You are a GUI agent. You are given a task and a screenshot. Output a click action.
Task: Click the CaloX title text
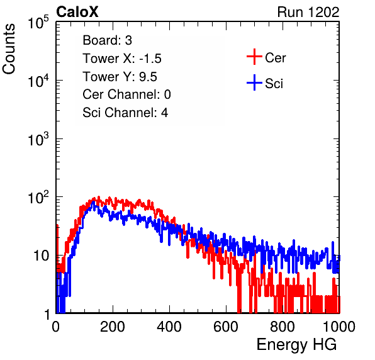pyautogui.click(x=77, y=12)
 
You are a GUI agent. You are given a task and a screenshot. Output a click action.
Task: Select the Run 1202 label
pyautogui.click(x=308, y=12)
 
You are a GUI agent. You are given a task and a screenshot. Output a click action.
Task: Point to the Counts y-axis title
pyautogui.click(x=9, y=49)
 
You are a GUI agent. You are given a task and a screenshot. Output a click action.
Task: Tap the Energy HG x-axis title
pyautogui.click(x=296, y=345)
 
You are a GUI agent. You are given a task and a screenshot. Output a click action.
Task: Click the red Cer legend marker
pyautogui.click(x=254, y=57)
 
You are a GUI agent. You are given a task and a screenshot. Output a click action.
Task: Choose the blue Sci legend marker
pyautogui.click(x=254, y=82)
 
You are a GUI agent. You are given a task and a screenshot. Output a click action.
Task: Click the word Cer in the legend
pyautogui.click(x=275, y=58)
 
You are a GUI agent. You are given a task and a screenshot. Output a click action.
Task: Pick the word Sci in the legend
pyautogui.click(x=274, y=84)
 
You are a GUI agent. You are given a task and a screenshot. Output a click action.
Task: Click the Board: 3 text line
pyautogui.click(x=107, y=40)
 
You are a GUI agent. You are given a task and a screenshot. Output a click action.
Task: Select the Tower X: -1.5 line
pyautogui.click(x=122, y=59)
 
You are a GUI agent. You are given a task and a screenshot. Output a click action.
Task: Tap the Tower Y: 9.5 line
pyautogui.click(x=120, y=77)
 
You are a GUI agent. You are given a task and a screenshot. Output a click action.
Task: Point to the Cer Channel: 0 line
pyautogui.click(x=126, y=94)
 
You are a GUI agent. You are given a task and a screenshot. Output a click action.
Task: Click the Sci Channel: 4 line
pyautogui.click(x=125, y=113)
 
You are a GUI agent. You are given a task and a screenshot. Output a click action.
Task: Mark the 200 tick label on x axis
pyautogui.click(x=113, y=327)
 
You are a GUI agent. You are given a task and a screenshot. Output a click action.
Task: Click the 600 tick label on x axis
pyautogui.click(x=226, y=327)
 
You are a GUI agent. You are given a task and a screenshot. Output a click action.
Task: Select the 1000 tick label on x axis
pyautogui.click(x=339, y=327)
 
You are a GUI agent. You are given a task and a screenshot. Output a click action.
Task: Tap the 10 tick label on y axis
pyautogui.click(x=42, y=256)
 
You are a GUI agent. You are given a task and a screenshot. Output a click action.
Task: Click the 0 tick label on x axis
pyautogui.click(x=56, y=327)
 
